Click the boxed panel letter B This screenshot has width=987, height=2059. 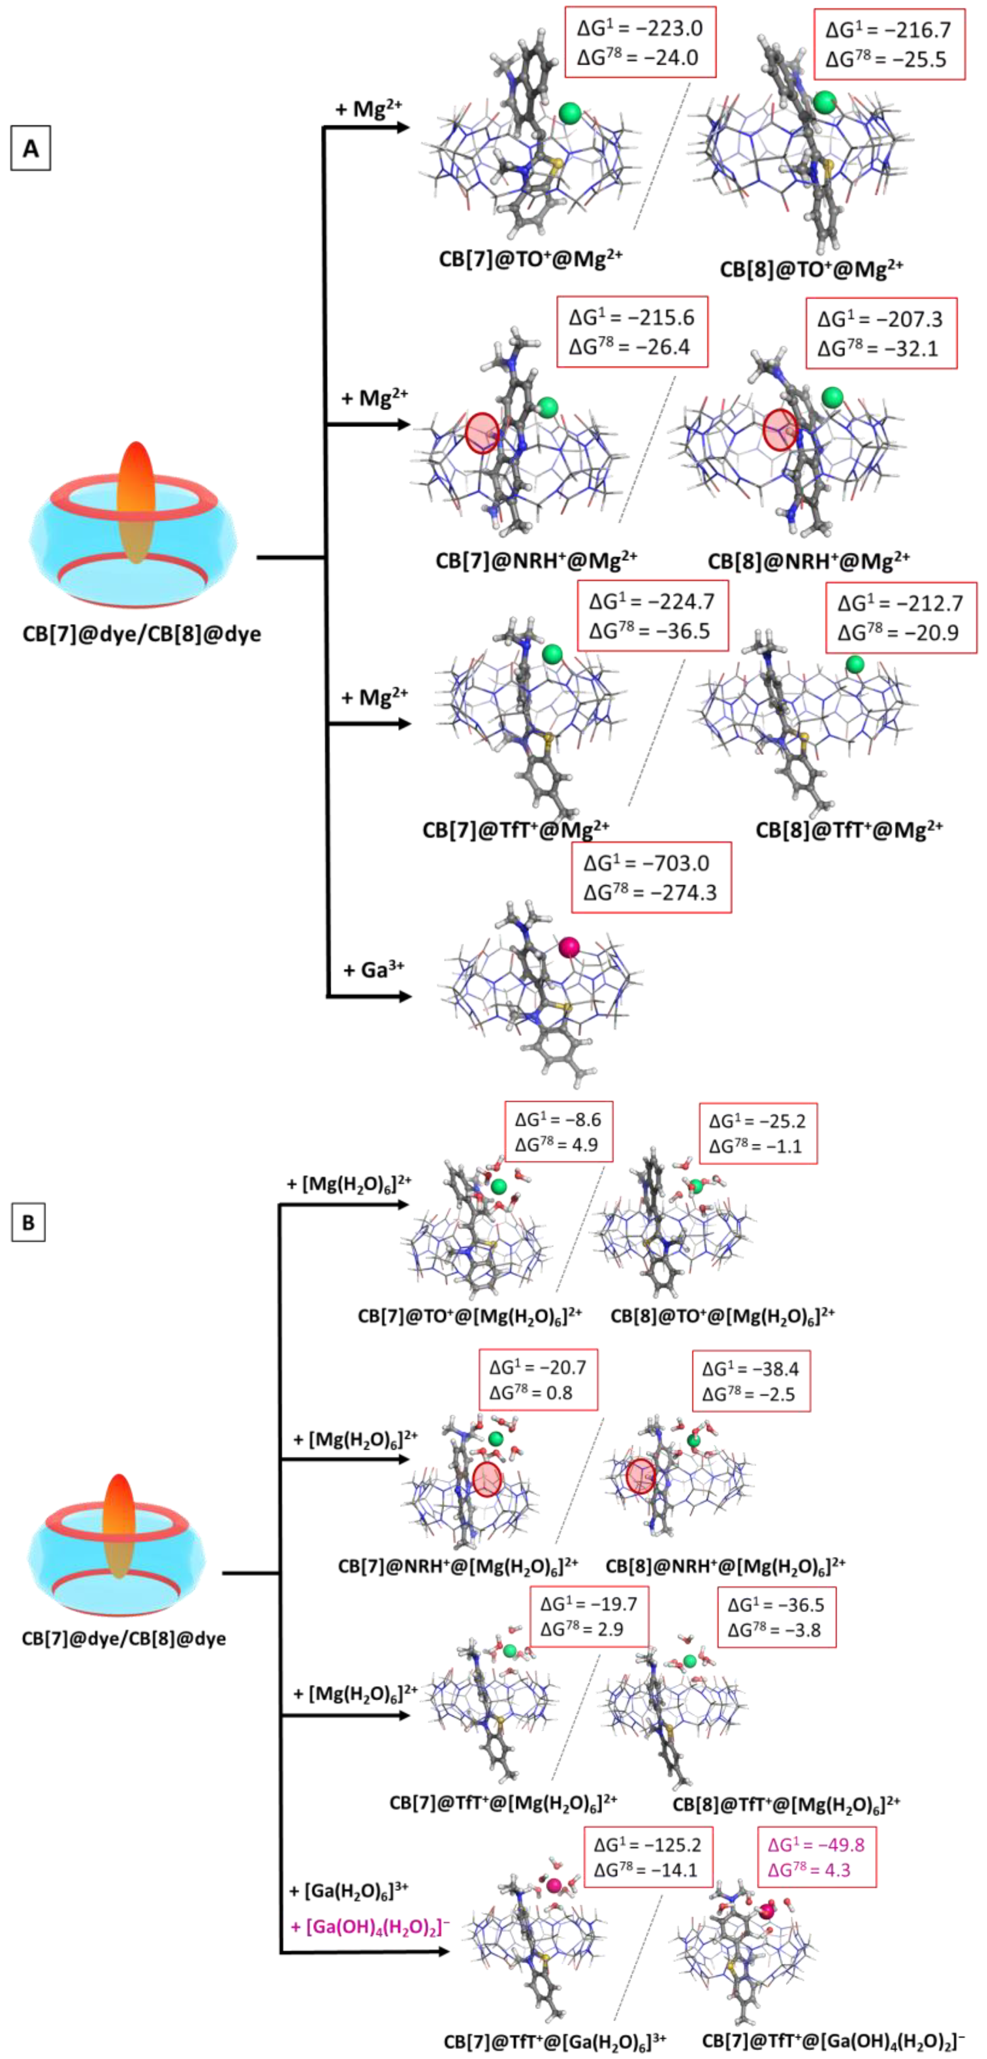coord(28,1222)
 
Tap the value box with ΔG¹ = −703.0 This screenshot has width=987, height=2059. coord(650,877)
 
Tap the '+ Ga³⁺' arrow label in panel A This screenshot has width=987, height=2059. coord(373,969)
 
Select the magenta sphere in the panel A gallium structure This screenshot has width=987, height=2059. coord(569,947)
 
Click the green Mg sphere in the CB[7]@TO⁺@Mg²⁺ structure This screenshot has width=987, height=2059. coord(570,113)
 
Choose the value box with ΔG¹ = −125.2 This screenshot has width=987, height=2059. coord(647,1857)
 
